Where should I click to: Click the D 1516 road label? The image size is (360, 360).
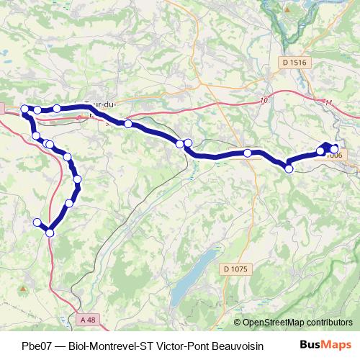tap(295, 63)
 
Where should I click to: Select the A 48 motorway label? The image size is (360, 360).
tap(88, 319)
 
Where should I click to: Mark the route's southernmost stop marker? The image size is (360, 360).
tap(50, 232)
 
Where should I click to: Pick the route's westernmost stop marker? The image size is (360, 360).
tap(24, 109)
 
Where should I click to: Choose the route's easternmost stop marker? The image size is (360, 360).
tap(334, 149)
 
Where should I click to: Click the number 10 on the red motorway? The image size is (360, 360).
tap(264, 99)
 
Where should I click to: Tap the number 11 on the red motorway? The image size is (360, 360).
tap(329, 103)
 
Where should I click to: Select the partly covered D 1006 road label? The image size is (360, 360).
tap(334, 155)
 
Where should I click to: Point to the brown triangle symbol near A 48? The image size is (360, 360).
tap(24, 288)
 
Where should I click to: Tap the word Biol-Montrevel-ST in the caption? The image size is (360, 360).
tap(116, 345)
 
